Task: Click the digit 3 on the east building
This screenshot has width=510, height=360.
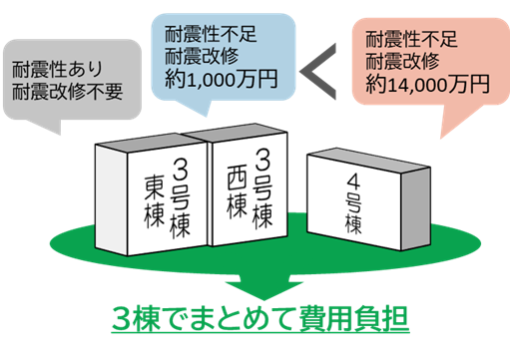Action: [180, 166]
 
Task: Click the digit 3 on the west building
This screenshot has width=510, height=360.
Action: [263, 160]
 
